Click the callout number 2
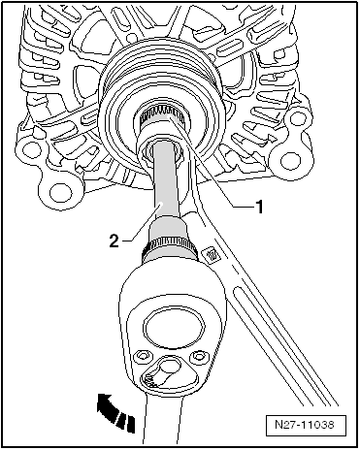(114, 240)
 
